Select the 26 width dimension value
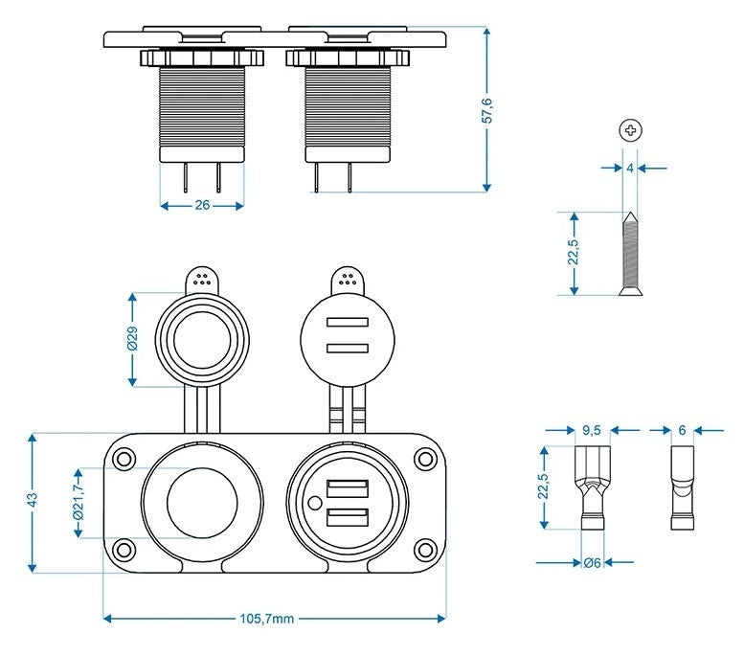[202, 204]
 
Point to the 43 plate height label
[32, 501]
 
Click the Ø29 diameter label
[133, 339]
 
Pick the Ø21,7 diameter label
[79, 502]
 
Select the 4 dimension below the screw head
[629, 167]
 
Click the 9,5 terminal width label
[591, 430]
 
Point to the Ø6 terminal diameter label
[592, 563]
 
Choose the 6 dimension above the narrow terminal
[682, 430]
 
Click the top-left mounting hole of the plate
[123, 458]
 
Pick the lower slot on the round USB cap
[347, 348]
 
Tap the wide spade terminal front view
[591, 486]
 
